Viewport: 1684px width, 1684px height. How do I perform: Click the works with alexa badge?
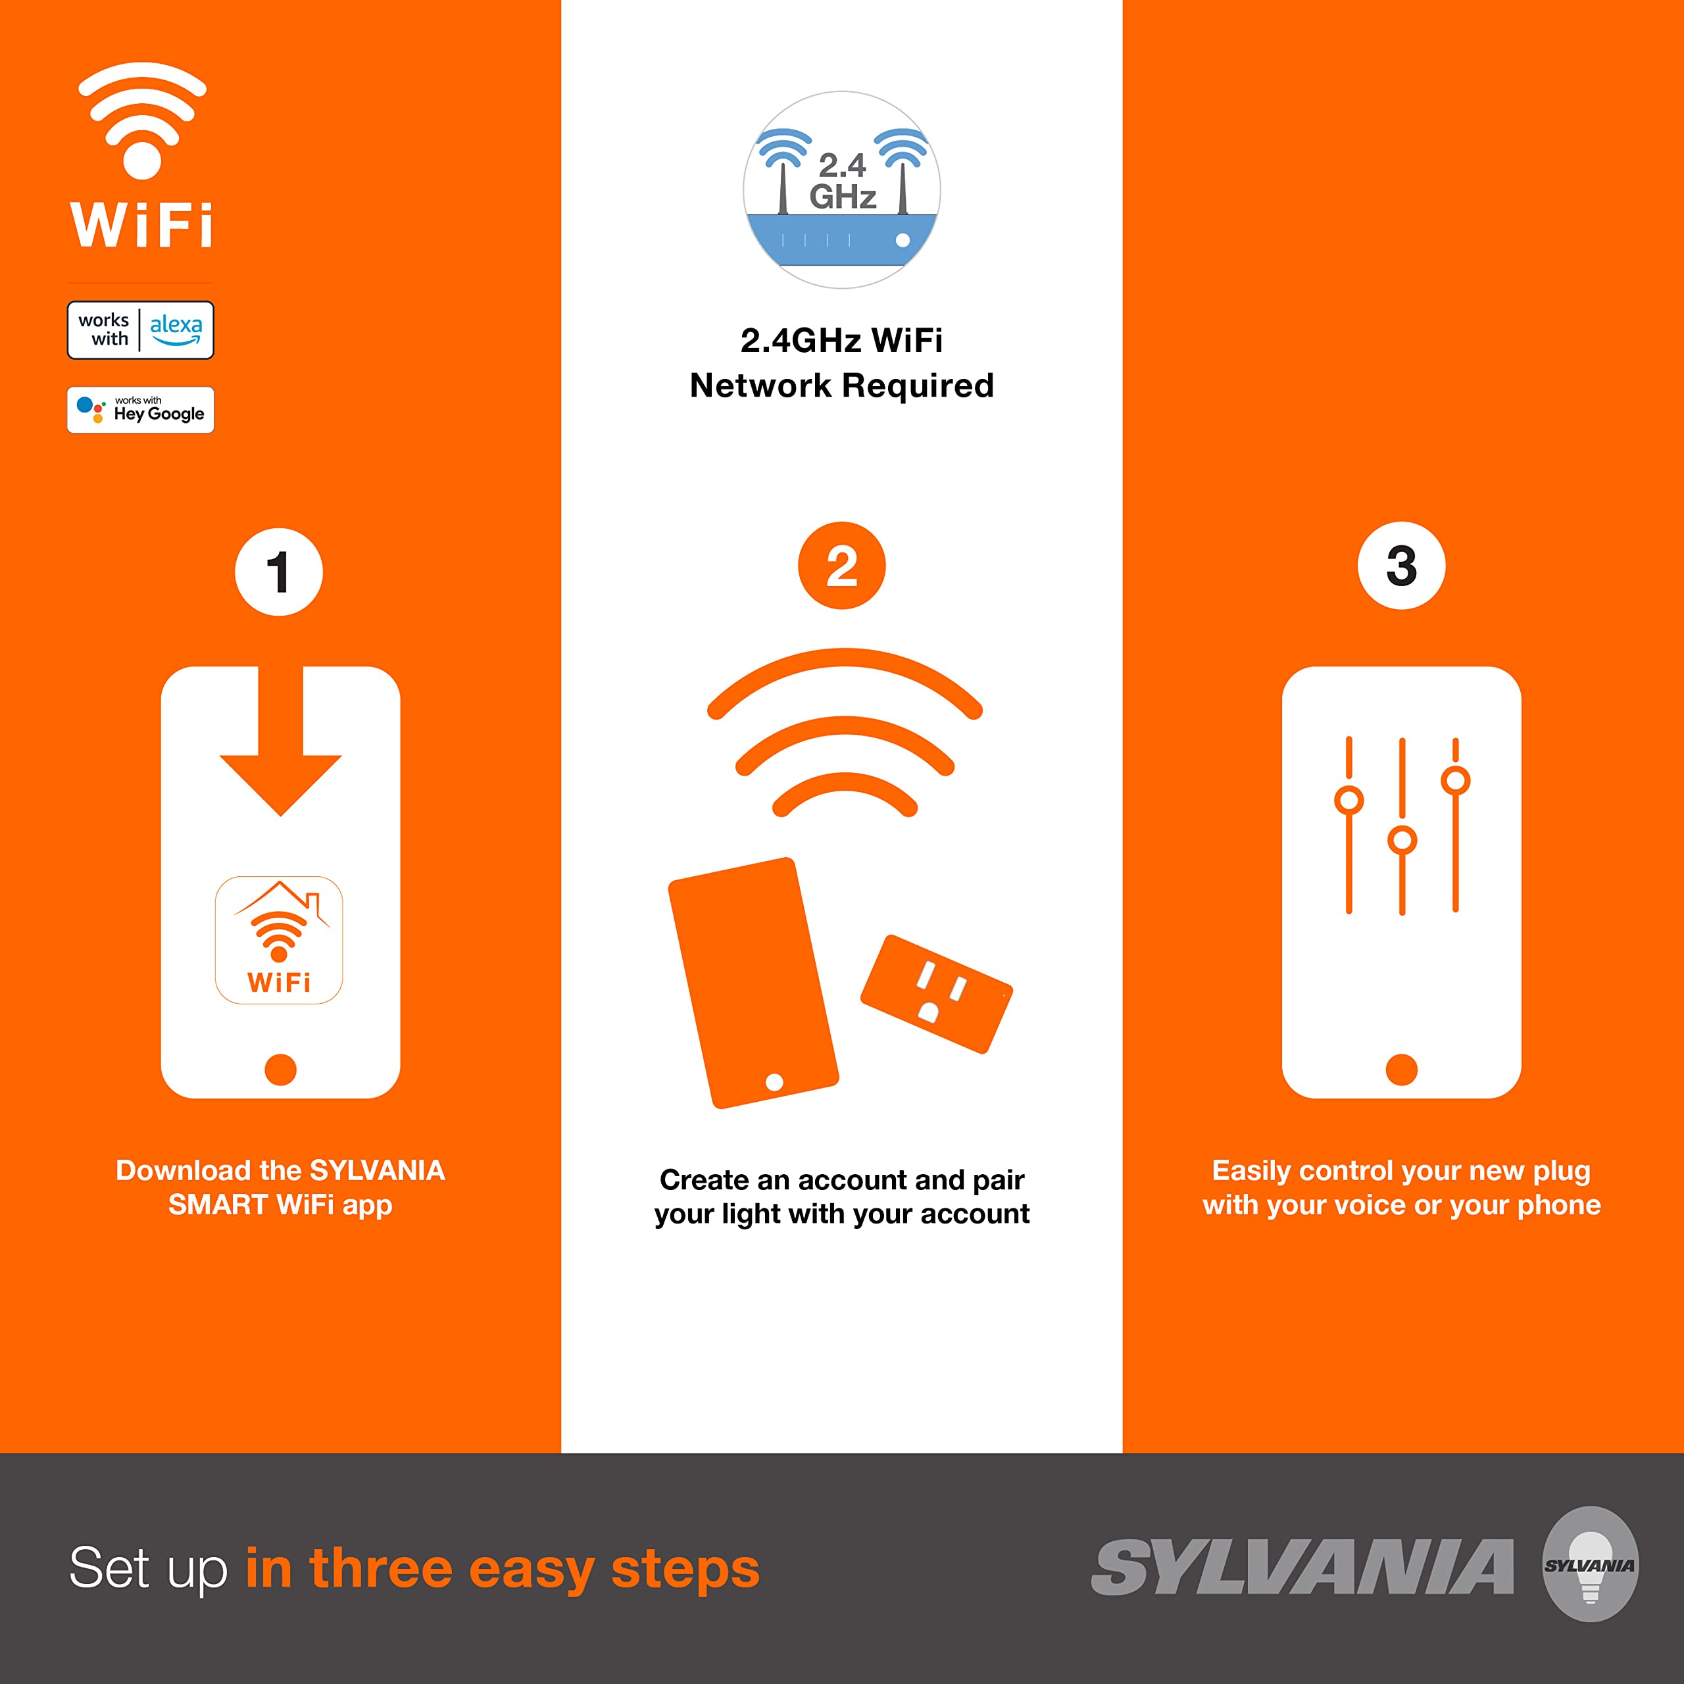(140, 330)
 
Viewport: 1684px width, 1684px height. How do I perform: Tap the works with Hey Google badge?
(140, 410)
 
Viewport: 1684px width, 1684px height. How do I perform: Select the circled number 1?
(279, 573)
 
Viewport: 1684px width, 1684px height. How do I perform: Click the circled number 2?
(841, 566)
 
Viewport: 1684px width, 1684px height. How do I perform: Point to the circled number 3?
(1402, 566)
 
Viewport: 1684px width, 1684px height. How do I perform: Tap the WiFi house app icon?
(279, 939)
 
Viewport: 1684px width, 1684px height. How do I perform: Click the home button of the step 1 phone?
(281, 1070)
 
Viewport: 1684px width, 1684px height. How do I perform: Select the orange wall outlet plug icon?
(937, 994)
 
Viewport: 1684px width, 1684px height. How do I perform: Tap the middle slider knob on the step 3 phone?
(1402, 840)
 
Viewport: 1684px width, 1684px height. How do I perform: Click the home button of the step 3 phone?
(1402, 1070)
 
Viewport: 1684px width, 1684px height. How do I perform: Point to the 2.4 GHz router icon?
(841, 190)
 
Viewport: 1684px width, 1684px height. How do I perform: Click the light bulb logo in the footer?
(1590, 1564)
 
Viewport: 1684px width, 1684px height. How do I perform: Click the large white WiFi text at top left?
(141, 226)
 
